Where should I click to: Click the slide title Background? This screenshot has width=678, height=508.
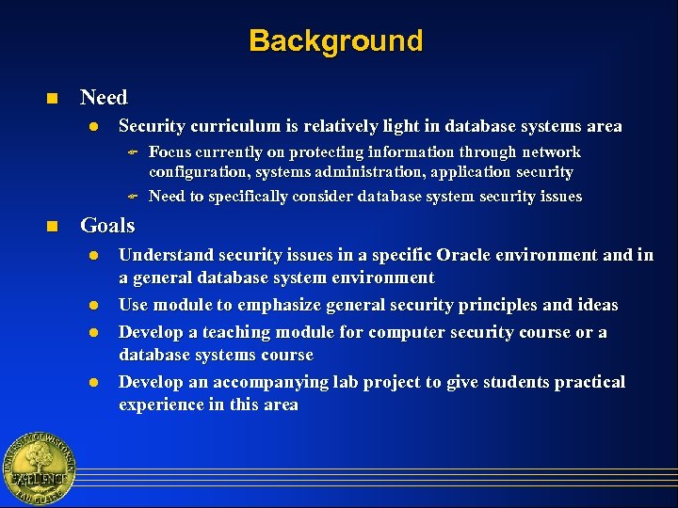336,41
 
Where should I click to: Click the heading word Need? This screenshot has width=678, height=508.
104,97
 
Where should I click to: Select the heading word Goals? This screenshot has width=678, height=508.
107,225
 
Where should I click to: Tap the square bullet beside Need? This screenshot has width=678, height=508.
53,98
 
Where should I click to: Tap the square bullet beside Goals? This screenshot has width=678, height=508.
53,226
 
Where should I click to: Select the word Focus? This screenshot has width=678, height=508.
170,151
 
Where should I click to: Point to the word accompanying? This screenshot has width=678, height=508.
270,382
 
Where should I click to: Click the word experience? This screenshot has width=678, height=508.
163,405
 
